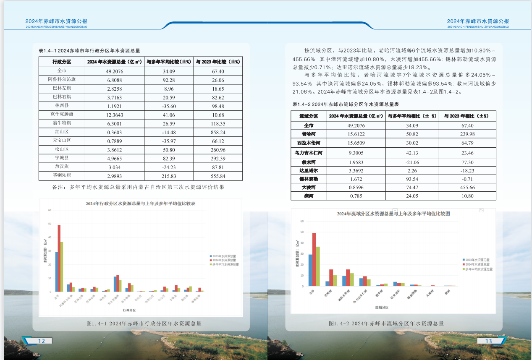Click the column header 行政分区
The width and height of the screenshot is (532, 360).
pos(62,62)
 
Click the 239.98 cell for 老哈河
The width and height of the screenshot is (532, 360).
pos(467,134)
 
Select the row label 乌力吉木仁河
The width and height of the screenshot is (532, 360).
pos(309,153)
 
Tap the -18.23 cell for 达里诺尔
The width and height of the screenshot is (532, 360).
pos(467,171)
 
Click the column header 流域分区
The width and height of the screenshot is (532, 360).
pos(309,116)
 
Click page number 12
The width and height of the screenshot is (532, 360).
pos(41,341)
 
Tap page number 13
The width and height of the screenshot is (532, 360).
pos(488,341)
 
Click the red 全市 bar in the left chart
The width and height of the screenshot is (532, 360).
pos(59,258)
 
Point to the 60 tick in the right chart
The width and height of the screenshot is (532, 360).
pos(302,221)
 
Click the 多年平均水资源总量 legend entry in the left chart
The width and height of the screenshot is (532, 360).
pos(225,264)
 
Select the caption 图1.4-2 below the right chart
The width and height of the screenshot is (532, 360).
pos(386,323)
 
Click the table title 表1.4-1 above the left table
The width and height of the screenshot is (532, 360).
pos(89,50)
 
